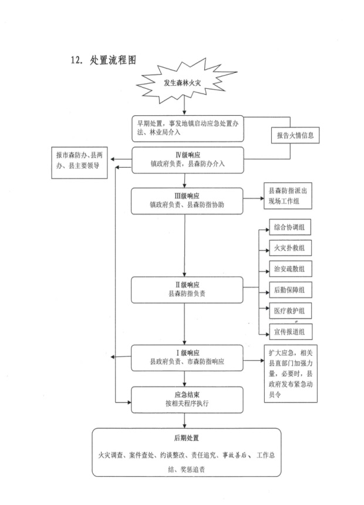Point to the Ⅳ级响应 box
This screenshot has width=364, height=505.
pyautogui.click(x=186, y=160)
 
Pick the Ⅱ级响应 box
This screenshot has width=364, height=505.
pyautogui.click(x=186, y=289)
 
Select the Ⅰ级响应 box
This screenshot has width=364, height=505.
pyautogui.click(x=186, y=357)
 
